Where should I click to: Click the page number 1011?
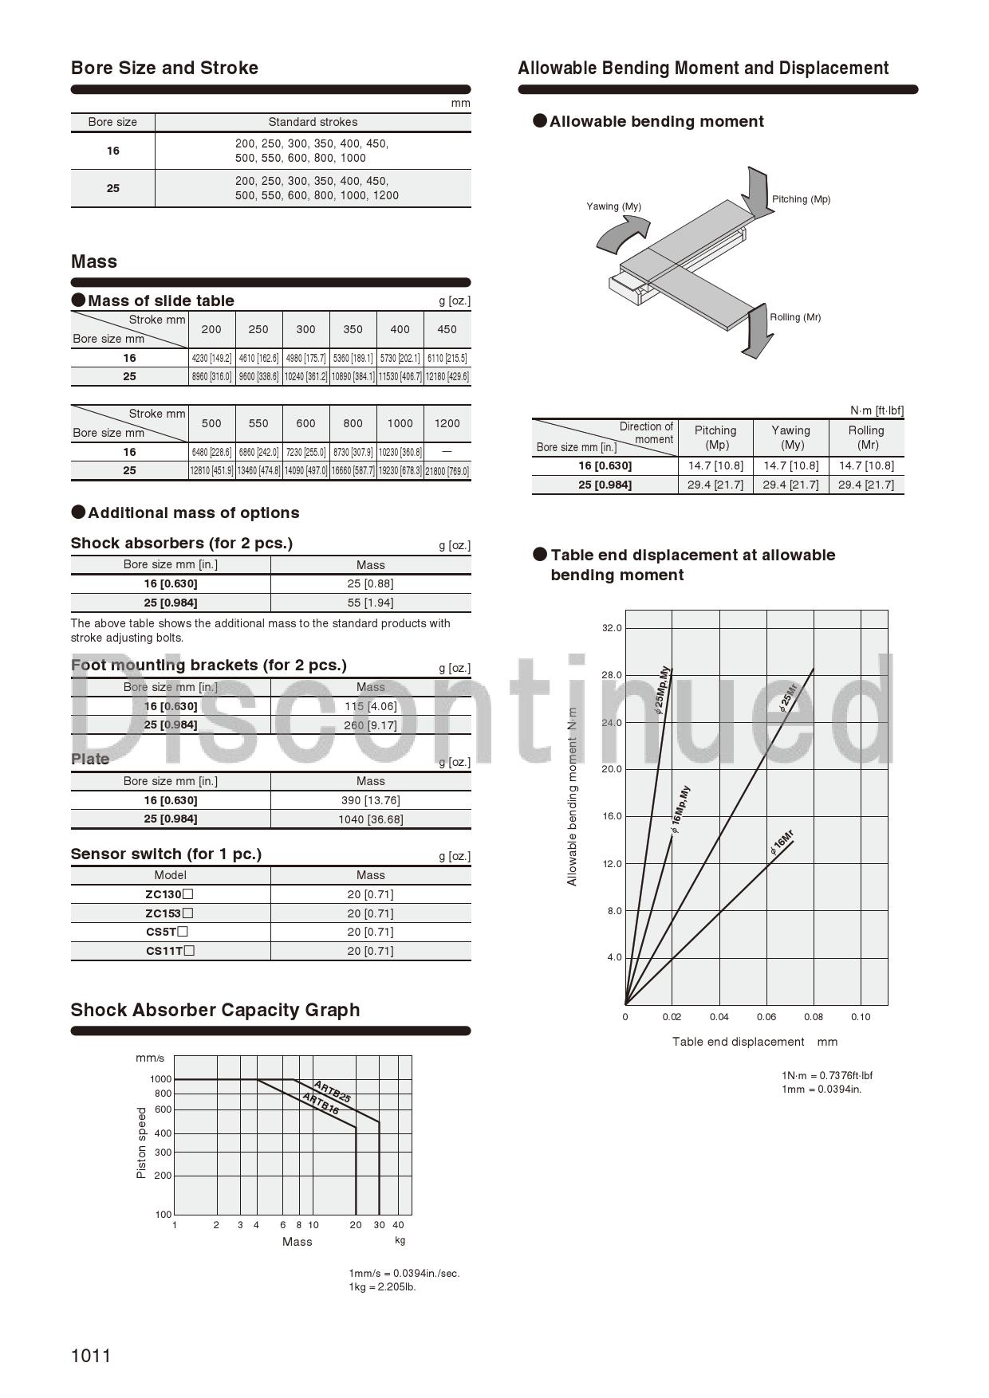point(91,1355)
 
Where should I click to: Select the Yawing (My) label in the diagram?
point(613,206)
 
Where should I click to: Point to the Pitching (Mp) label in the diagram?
point(801,199)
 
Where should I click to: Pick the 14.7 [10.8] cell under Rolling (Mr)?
point(866,465)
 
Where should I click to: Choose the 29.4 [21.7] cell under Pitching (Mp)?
point(715,485)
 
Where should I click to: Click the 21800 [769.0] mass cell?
point(447,471)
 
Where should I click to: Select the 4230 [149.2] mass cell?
point(211,358)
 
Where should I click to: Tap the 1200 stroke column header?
point(447,423)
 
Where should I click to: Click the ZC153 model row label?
point(169,913)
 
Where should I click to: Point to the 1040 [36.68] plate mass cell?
point(370,819)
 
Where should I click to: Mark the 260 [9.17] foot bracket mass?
point(370,725)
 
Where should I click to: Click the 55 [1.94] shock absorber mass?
point(370,603)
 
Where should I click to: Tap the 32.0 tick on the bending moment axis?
point(612,628)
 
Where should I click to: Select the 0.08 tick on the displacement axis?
point(814,1017)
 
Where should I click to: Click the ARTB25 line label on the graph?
point(333,1091)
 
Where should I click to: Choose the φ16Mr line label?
point(782,842)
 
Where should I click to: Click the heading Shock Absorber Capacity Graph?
point(215,1010)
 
